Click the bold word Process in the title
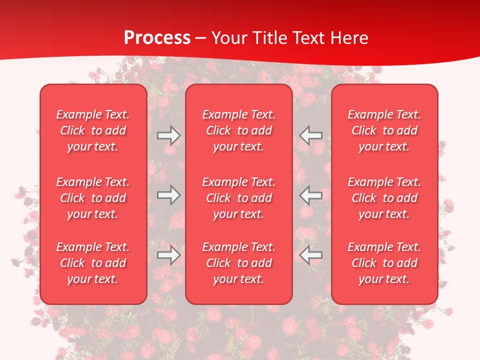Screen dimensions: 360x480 click(x=157, y=38)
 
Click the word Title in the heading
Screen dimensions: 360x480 click(x=270, y=38)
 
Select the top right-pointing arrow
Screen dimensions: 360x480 click(x=169, y=135)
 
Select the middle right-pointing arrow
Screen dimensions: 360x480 click(x=169, y=195)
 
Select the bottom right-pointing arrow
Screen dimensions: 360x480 click(x=169, y=255)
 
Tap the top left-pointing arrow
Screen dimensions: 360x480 click(x=310, y=135)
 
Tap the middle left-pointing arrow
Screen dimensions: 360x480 click(x=310, y=195)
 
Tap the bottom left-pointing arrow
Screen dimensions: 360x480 click(x=310, y=255)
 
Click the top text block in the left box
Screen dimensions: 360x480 click(x=93, y=130)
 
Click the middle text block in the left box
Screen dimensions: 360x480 click(x=93, y=198)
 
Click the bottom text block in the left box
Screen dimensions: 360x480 click(x=93, y=263)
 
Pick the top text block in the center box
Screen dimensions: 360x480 click(x=239, y=130)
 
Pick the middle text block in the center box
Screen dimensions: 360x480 click(x=239, y=198)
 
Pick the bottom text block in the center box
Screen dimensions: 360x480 click(x=239, y=263)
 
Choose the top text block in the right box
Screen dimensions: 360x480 click(x=384, y=130)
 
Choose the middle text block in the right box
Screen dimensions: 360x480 click(x=384, y=198)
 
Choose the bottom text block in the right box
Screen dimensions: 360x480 click(x=384, y=263)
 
